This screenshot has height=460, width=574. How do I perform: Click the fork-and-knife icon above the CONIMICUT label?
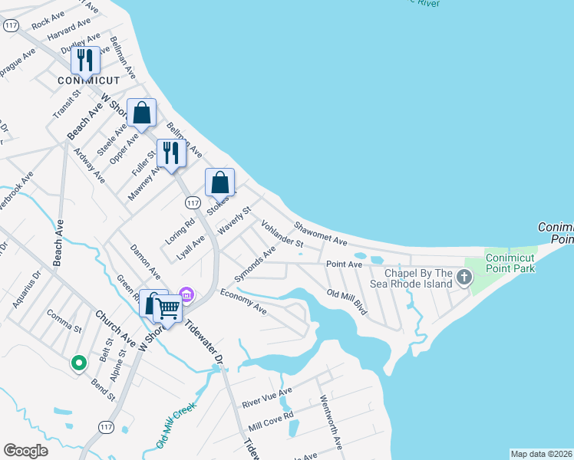point(85,61)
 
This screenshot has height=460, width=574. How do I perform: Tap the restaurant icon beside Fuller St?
point(171,153)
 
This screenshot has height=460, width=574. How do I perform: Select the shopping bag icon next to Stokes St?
point(219,183)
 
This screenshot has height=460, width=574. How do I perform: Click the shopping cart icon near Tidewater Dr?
point(167,309)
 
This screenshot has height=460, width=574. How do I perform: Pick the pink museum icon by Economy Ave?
point(185,294)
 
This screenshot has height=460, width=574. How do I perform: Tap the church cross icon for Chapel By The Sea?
point(463,277)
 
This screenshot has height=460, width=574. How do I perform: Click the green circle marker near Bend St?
point(78,363)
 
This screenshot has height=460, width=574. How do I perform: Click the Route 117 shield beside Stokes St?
point(193,202)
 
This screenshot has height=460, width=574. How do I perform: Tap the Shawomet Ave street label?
point(320,233)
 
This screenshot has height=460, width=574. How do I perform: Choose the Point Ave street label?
point(344,264)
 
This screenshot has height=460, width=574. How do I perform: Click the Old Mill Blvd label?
point(348,303)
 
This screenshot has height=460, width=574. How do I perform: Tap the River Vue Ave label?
point(267,398)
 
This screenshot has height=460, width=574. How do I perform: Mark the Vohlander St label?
point(282,234)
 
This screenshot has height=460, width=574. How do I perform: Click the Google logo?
point(25,451)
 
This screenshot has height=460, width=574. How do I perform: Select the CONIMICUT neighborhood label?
point(89,80)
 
